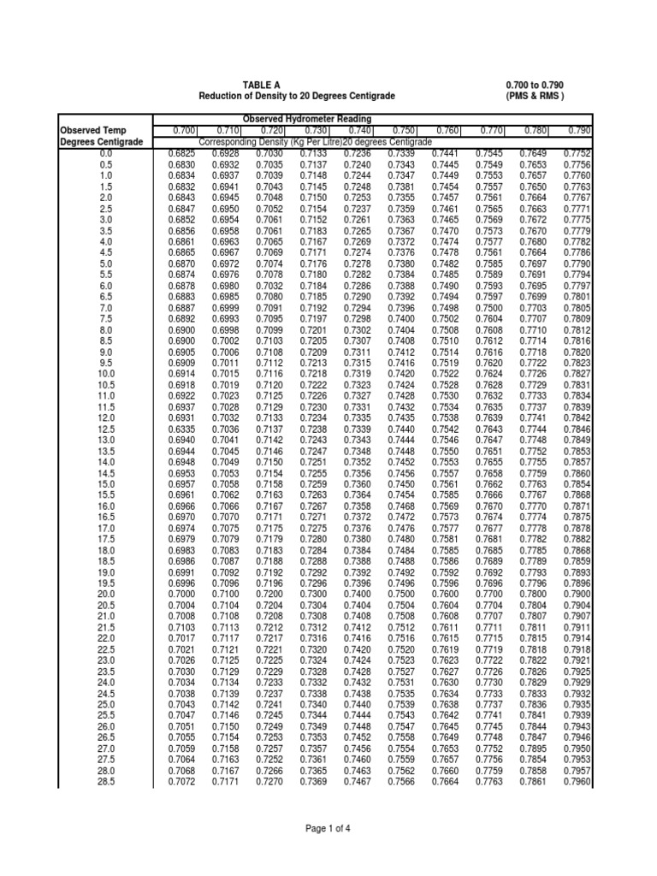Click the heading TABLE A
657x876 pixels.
point(261,86)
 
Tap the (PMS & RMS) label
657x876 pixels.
point(535,97)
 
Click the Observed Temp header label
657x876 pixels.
point(93,130)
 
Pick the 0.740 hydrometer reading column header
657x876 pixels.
point(358,130)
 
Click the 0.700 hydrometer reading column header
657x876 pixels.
point(182,130)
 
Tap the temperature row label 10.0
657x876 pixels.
point(105,374)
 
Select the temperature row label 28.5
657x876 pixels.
point(105,782)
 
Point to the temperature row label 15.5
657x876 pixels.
point(105,495)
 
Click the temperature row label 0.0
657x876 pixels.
point(105,153)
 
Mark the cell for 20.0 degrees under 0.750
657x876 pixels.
point(401,595)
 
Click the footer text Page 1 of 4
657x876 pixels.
point(328,829)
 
